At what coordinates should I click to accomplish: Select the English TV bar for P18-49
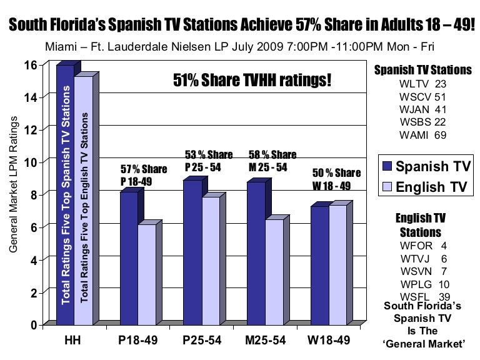pyautogui.click(x=147, y=275)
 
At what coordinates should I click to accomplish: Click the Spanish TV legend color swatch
pyautogui.click(x=386, y=167)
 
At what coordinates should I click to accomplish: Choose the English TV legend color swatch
pyautogui.click(x=386, y=187)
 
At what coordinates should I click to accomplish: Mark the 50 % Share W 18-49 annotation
pyautogui.click(x=337, y=178)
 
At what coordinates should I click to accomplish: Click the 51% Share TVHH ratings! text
pyautogui.click(x=251, y=81)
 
